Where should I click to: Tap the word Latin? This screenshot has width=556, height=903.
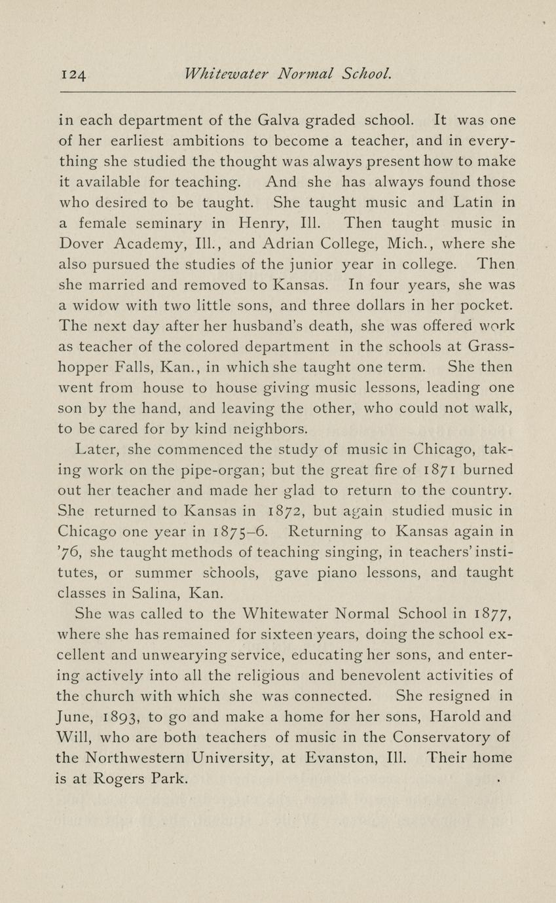coord(470,202)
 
